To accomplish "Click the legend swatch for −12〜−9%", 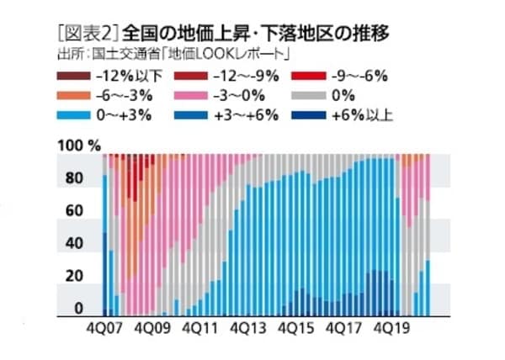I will [197, 77].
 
